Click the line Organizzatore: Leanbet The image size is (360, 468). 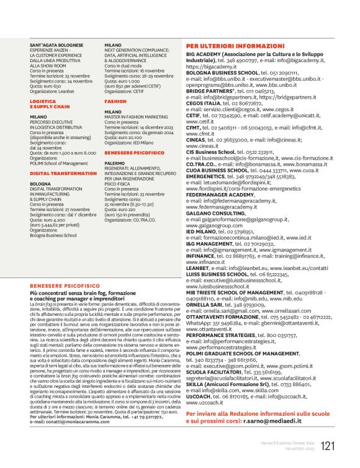pyautogui.click(x=52, y=91)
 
